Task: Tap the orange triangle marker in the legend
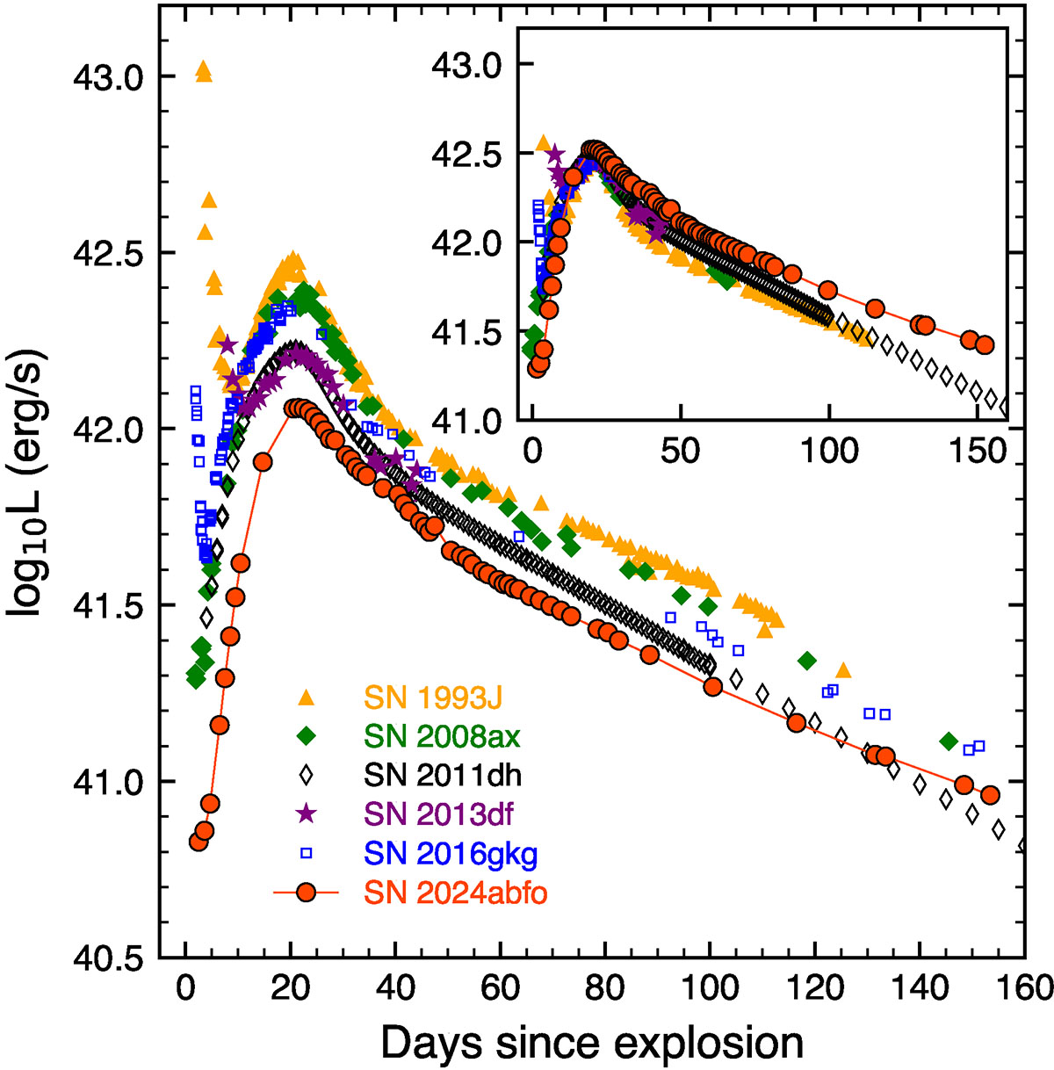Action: pyautogui.click(x=307, y=698)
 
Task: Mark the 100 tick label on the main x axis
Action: pyautogui.click(x=711, y=987)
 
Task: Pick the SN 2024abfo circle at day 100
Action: pyautogui.click(x=712, y=687)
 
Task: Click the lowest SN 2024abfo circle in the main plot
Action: pyautogui.click(x=198, y=842)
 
